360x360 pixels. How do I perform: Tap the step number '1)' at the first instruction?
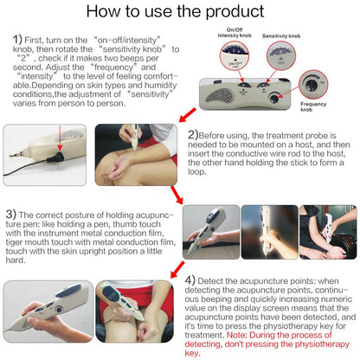point(19,40)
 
